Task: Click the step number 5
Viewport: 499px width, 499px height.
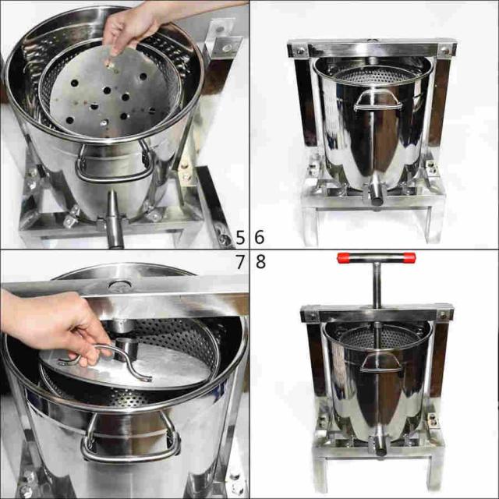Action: (240, 237)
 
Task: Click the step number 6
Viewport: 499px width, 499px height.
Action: (260, 237)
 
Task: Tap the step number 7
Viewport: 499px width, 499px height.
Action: (241, 262)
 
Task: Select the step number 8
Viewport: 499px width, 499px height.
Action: (260, 262)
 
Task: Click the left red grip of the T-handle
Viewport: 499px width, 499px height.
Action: (344, 258)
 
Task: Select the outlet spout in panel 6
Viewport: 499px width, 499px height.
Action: (377, 194)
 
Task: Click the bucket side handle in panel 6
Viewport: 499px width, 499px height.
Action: (377, 101)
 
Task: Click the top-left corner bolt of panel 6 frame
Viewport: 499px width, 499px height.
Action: (299, 50)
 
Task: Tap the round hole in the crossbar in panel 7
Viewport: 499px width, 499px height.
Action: (119, 284)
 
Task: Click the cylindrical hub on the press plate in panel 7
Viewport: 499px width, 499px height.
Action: (125, 348)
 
